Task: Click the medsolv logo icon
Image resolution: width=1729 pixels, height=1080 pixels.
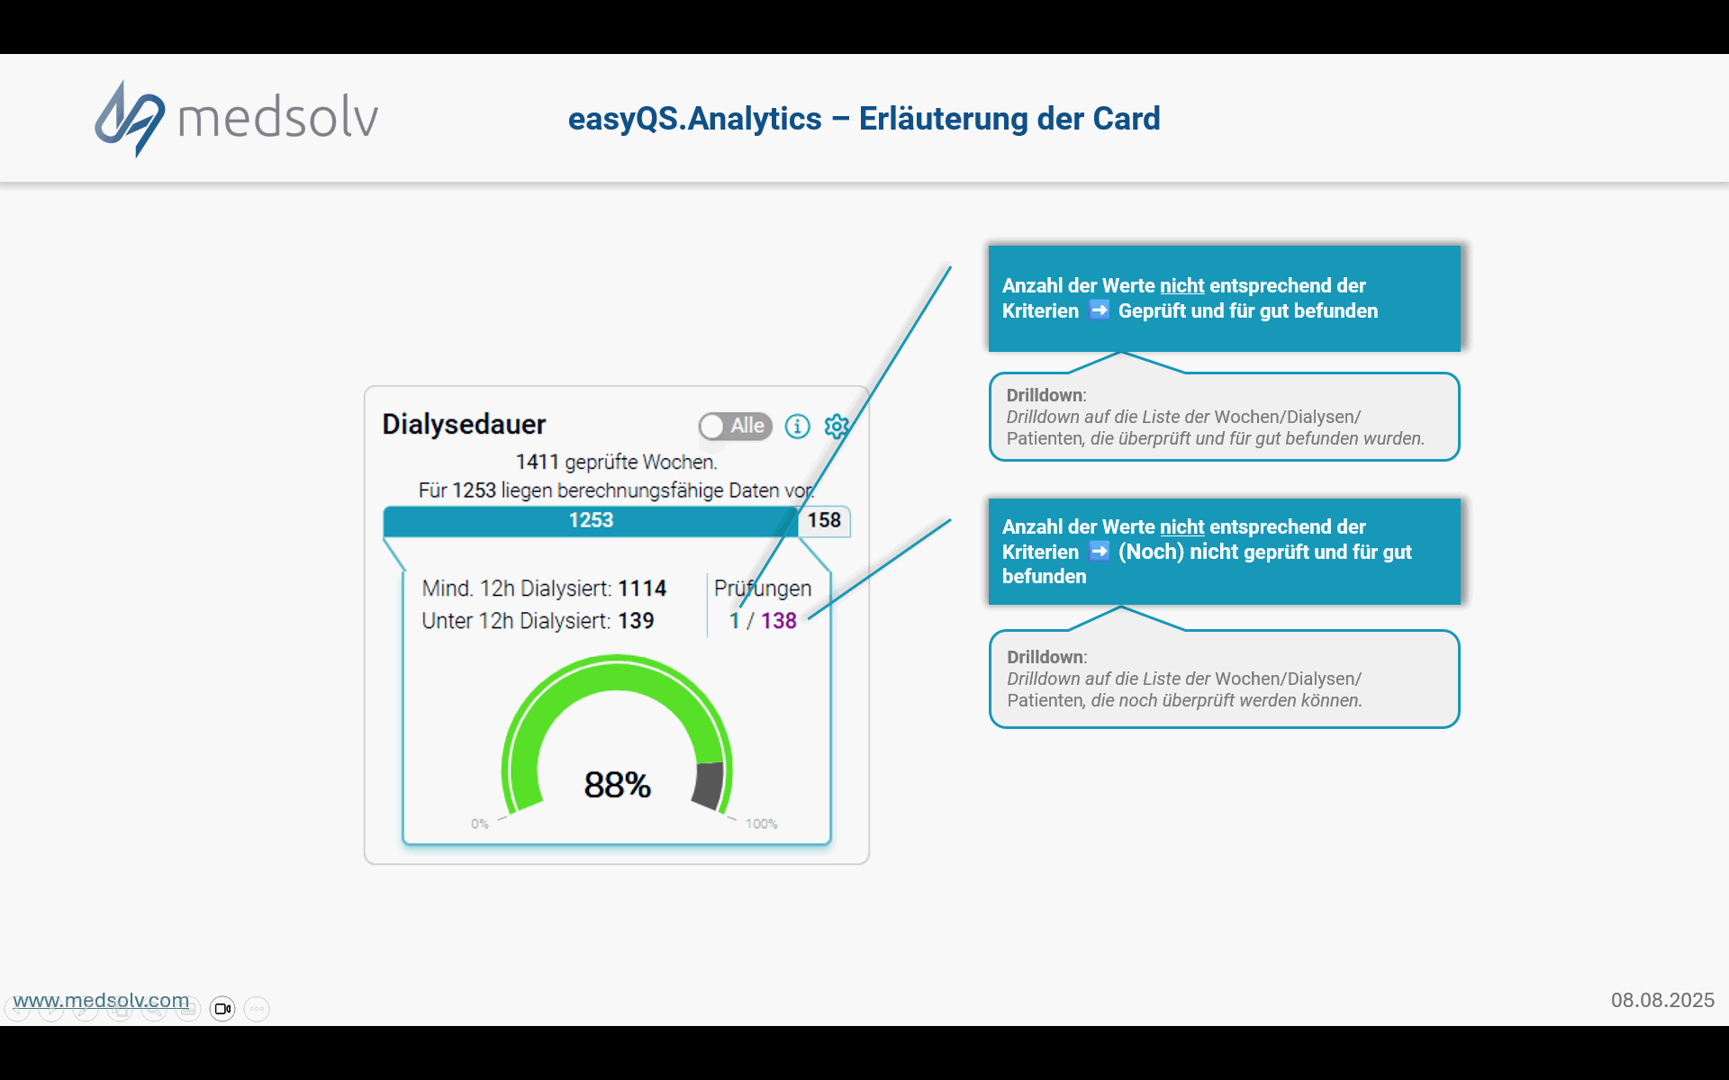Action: [x=130, y=119]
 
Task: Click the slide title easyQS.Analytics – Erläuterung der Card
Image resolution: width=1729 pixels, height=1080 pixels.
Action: [x=864, y=119]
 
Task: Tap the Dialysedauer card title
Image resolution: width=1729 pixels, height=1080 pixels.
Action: [x=464, y=424]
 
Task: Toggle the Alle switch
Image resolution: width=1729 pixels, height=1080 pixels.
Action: [x=735, y=426]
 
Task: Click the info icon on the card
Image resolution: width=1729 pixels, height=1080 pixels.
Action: [x=797, y=426]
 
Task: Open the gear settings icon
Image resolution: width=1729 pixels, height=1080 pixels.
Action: [x=837, y=426]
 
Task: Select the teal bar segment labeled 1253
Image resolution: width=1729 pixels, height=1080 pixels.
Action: [x=591, y=521]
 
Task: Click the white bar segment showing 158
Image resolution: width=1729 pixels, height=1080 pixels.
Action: [x=824, y=521]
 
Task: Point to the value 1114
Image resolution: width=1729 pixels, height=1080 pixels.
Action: [x=642, y=589]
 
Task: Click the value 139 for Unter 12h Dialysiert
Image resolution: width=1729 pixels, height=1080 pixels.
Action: [x=636, y=621]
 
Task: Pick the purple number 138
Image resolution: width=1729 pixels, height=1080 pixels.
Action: [x=779, y=621]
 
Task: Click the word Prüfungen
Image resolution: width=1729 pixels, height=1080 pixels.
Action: [x=763, y=589]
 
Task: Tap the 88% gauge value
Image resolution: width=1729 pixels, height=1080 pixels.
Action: [x=617, y=785]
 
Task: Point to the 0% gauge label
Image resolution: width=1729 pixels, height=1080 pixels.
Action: [x=480, y=823]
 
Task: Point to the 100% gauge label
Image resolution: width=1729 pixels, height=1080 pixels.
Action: [x=762, y=823]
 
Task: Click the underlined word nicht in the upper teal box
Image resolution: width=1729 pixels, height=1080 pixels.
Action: [x=1181, y=286]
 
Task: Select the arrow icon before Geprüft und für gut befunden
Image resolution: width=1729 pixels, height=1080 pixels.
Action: [x=1099, y=310]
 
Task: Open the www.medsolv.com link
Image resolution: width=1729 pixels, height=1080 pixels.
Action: [x=101, y=1000]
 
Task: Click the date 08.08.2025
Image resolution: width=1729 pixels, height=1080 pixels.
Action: [x=1662, y=1000]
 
